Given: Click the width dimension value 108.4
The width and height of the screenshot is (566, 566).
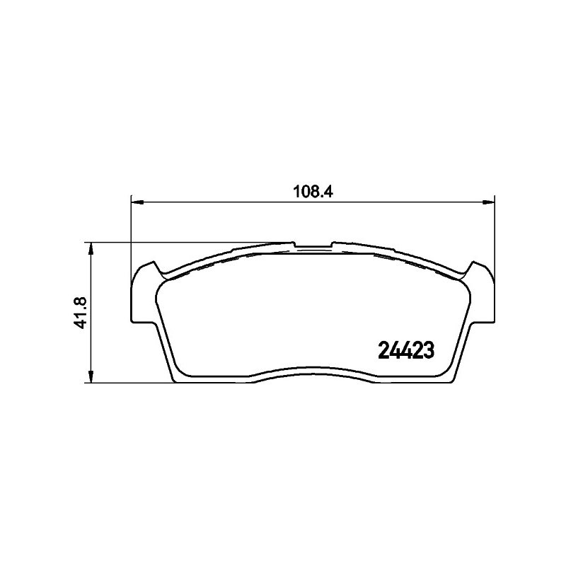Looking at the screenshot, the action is coord(313,191).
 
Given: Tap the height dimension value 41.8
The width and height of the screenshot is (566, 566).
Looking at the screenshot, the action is coord(81,312).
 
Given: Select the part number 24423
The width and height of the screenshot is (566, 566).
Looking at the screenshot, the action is coord(405,350).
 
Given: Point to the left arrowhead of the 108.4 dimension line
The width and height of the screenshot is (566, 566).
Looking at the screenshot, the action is coord(137,203).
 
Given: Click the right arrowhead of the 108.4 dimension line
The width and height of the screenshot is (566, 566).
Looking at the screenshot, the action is coord(487,203).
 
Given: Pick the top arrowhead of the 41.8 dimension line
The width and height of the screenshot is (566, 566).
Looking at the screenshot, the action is coord(92,249).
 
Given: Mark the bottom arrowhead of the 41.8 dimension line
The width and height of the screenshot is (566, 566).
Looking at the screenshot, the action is coord(92,376).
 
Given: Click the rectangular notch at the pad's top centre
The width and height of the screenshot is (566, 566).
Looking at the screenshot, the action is coord(313,246).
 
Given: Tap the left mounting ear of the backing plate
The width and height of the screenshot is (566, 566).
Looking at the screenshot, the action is coord(144,292).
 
